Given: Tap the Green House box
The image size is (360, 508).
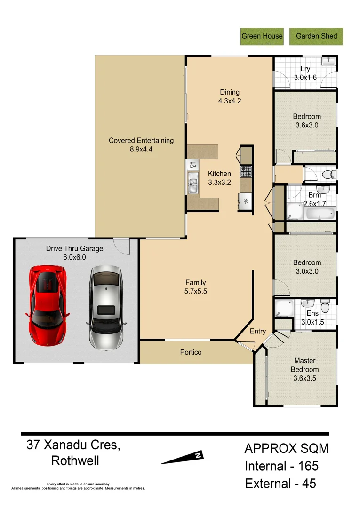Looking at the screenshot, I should (262, 36).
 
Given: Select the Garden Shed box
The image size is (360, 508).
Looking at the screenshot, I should (316, 36).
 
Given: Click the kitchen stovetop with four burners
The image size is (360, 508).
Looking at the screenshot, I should (246, 172).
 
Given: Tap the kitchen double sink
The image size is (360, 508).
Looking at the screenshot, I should (192, 182).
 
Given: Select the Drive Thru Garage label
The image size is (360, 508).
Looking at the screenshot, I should (74, 253).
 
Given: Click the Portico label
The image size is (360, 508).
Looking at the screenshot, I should (191, 352).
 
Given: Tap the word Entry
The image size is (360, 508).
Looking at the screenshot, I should (257, 331).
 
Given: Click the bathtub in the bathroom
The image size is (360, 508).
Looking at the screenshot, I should (320, 214).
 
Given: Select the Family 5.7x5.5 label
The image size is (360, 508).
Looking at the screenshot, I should (195, 287).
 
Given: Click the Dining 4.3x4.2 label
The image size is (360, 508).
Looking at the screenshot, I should (230, 96).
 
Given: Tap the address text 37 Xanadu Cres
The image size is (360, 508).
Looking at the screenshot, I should (73, 445).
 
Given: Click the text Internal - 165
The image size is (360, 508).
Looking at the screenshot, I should (281, 466).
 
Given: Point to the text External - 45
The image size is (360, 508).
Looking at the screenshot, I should (280, 483).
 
